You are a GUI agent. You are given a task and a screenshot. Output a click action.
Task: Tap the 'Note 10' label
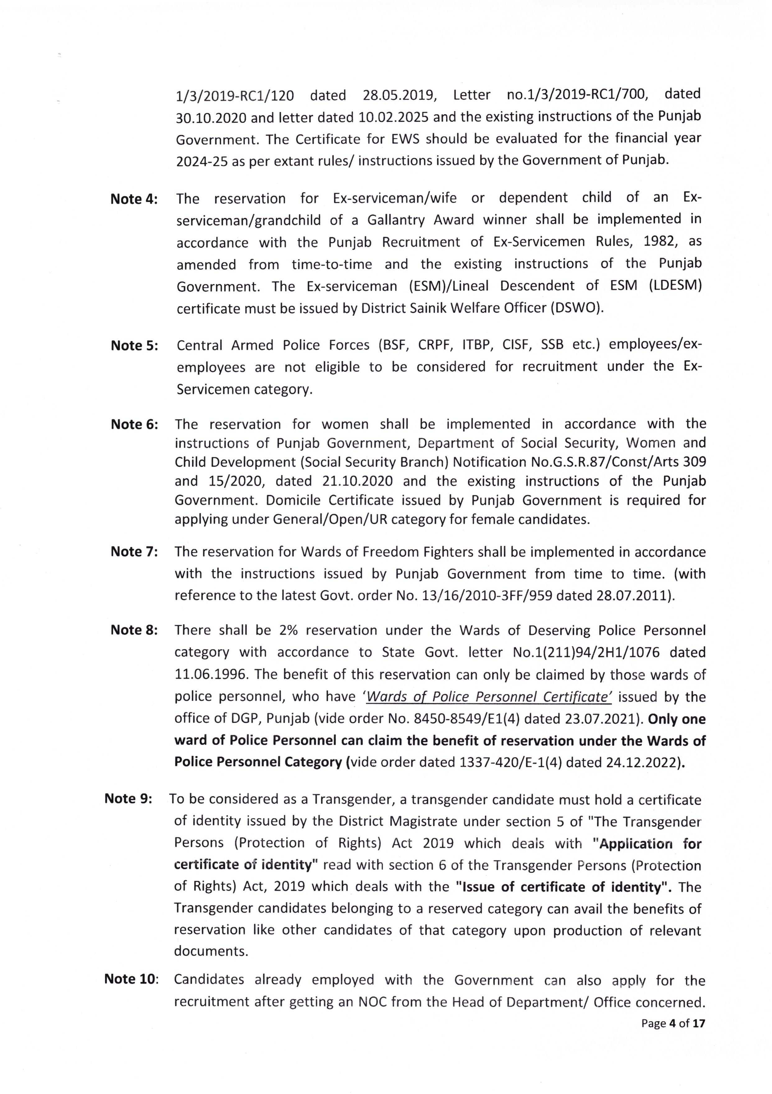(131, 979)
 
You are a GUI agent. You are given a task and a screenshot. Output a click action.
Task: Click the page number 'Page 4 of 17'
(672, 1023)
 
